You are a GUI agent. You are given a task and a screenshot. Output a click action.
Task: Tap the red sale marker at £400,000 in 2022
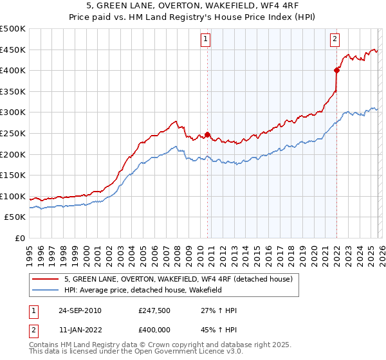[x=336, y=70]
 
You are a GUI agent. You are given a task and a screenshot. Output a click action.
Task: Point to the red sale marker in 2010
[x=208, y=134]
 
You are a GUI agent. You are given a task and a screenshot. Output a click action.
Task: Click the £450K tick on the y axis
[x=13, y=50]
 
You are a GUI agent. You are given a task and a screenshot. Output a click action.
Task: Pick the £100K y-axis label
[x=13, y=196]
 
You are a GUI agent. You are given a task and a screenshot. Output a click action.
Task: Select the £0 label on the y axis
[x=19, y=238]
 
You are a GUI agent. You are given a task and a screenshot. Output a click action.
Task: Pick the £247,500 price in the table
[x=154, y=310]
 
